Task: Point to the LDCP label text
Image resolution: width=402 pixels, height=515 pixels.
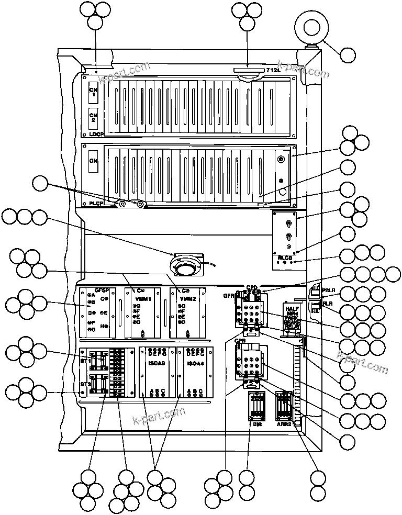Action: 96,135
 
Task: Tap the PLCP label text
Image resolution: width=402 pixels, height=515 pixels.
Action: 96,203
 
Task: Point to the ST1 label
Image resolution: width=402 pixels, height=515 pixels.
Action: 85,362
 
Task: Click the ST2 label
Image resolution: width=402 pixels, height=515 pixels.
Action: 85,384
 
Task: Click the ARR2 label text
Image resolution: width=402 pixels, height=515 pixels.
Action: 285,426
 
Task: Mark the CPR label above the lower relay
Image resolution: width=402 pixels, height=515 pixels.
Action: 240,341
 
